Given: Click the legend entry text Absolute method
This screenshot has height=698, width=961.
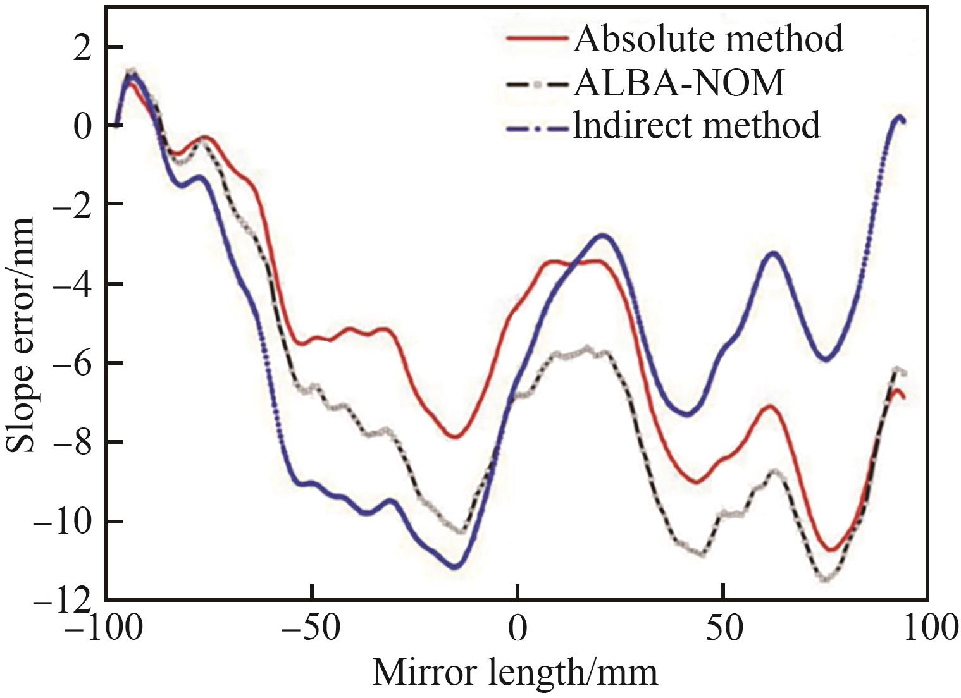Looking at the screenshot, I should [x=708, y=39].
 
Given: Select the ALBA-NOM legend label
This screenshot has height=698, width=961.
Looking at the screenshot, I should [x=679, y=83].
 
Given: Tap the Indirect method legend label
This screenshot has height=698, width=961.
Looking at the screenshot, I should [x=697, y=125].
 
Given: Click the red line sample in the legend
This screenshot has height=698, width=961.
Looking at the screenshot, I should [x=537, y=39].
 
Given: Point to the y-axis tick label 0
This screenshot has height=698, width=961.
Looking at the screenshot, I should [x=80, y=125].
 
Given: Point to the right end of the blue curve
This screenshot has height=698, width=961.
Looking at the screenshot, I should [x=903, y=121].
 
